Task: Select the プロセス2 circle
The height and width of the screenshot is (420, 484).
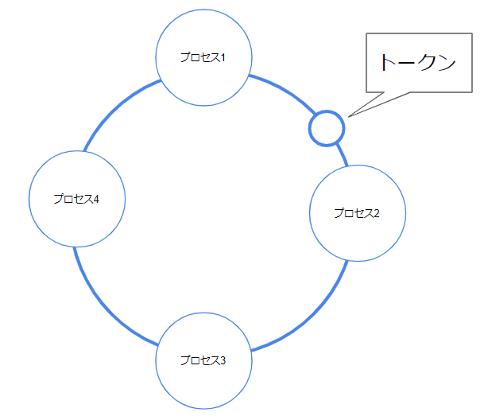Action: pos(357,231)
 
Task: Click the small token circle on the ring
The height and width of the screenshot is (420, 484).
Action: pos(326,127)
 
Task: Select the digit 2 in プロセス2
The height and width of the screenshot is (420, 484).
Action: pos(377,213)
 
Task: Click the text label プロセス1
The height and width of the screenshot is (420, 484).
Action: pos(203,57)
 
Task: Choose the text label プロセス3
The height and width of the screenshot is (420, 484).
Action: pos(203,360)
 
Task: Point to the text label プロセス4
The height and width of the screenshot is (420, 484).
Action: pos(76,199)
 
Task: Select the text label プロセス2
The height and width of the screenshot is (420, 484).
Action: pos(357,213)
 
